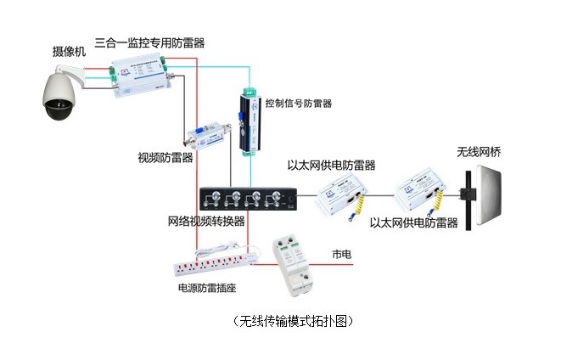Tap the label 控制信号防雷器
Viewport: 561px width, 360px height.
coord(297,103)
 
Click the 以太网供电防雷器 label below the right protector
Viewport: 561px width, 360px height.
coord(415,223)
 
